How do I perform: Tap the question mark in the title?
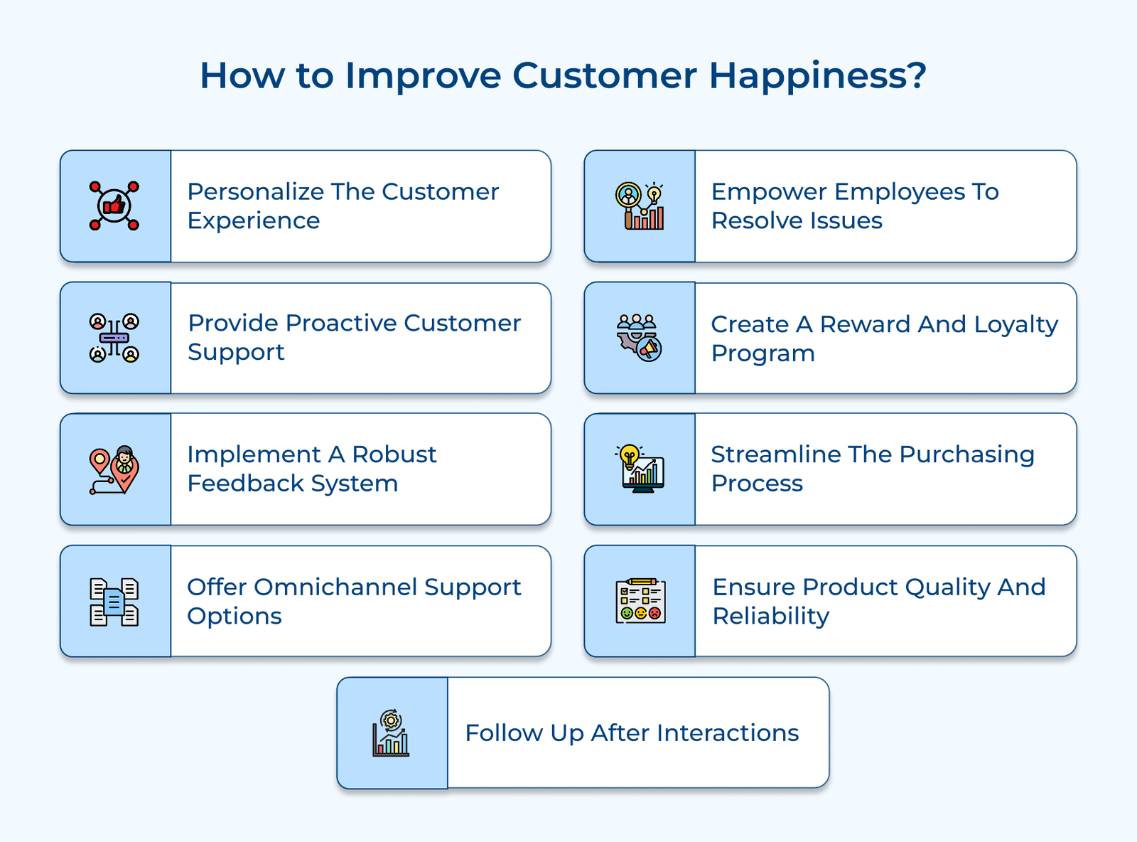[x=916, y=75]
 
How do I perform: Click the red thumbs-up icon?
[x=114, y=206]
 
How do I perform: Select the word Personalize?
[x=255, y=192]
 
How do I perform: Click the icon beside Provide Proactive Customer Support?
[x=114, y=338]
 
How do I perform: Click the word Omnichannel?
[x=335, y=587]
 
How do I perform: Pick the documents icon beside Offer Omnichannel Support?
[x=114, y=602]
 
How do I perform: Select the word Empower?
[x=769, y=192]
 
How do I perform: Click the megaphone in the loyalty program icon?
[x=650, y=349]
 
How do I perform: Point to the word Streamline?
[x=775, y=454]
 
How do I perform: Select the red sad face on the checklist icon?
[x=654, y=613]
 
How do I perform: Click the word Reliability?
[x=770, y=617]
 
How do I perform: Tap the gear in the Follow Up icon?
[x=391, y=720]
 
